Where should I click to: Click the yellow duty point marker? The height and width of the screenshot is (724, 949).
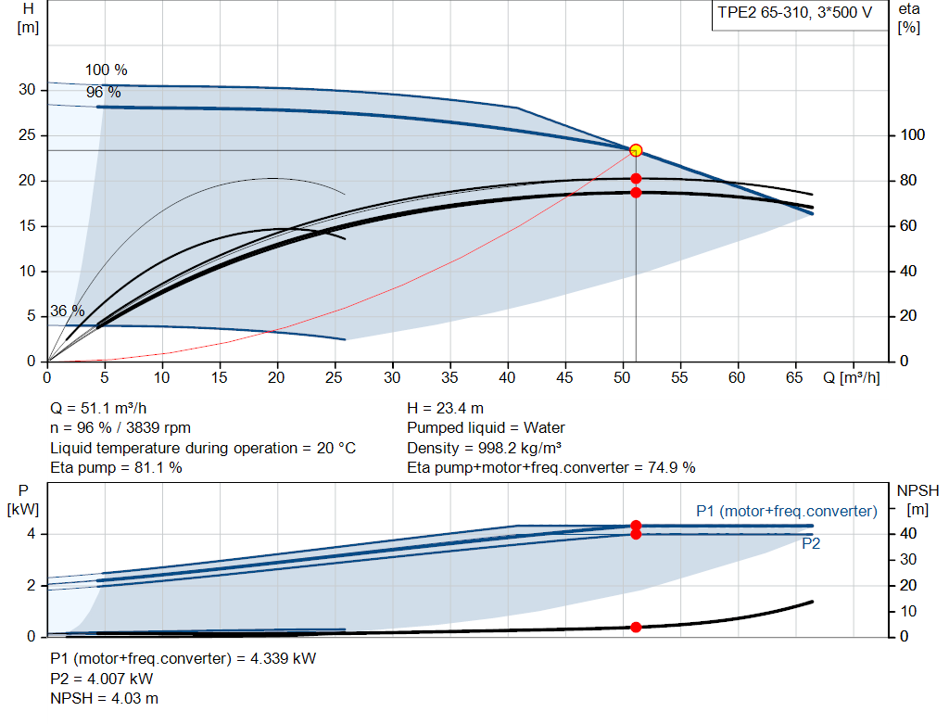(x=636, y=150)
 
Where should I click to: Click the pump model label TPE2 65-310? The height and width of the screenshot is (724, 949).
(x=764, y=13)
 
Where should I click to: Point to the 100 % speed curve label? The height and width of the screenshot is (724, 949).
(x=106, y=70)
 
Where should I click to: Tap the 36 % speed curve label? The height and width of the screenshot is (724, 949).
(x=67, y=311)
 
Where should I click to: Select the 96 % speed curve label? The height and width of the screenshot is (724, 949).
(x=104, y=93)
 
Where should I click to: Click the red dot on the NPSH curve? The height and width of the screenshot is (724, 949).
(x=636, y=628)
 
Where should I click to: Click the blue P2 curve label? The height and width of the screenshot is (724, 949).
(x=811, y=543)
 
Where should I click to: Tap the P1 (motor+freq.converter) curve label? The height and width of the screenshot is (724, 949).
(x=787, y=512)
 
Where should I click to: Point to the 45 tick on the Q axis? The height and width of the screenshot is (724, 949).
(x=564, y=377)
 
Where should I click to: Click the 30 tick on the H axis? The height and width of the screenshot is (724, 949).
(x=27, y=90)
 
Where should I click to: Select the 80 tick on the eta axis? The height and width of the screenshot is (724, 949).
(x=908, y=181)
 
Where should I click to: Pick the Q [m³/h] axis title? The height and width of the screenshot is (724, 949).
(x=852, y=377)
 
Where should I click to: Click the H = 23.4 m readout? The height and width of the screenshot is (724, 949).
(x=446, y=409)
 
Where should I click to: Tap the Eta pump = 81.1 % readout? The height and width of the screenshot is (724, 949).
(x=116, y=468)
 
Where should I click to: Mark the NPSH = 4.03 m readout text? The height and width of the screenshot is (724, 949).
(x=104, y=699)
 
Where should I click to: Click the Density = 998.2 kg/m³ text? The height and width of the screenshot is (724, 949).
(x=484, y=448)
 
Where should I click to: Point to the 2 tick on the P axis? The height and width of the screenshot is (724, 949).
(x=31, y=585)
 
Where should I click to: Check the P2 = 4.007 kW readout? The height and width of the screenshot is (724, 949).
(x=102, y=680)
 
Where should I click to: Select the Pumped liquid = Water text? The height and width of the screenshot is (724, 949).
(x=486, y=428)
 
